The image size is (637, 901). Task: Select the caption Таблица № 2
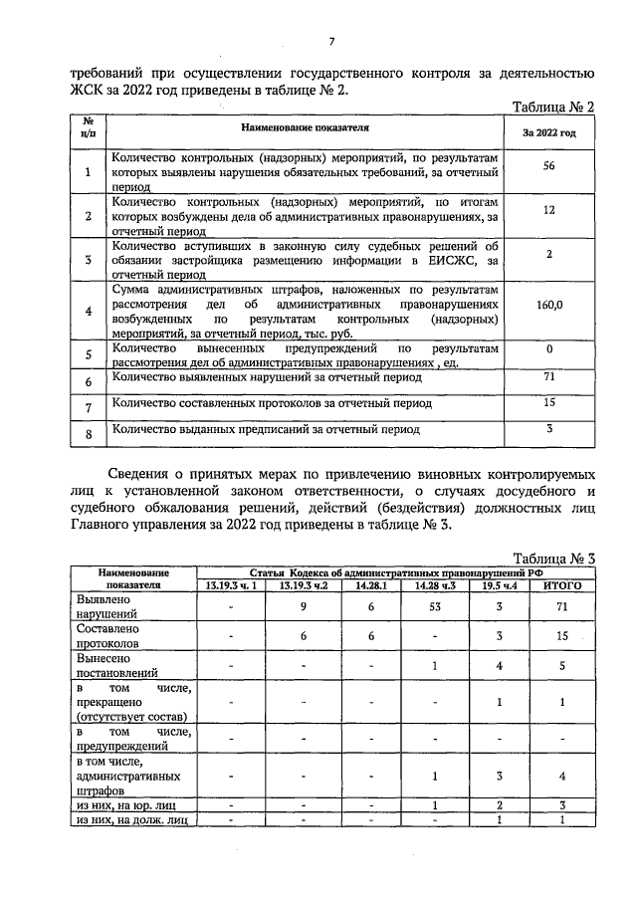[x=552, y=107]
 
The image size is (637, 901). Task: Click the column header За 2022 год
[x=548, y=132]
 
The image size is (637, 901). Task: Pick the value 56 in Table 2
[x=548, y=166]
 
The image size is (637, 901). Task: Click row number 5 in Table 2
[x=88, y=355]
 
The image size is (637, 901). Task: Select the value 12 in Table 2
[x=548, y=210]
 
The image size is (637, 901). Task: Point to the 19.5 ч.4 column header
[x=499, y=584]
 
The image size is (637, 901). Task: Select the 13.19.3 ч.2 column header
[x=303, y=584]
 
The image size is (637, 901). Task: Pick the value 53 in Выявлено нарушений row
[x=434, y=606]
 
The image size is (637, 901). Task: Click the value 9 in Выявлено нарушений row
[x=303, y=606]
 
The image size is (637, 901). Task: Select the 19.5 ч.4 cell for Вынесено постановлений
[x=499, y=666]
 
